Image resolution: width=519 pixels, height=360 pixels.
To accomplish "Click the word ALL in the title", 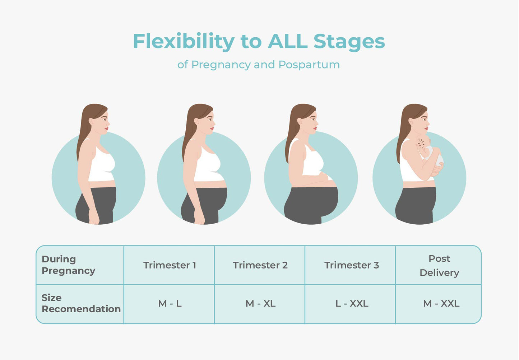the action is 288,41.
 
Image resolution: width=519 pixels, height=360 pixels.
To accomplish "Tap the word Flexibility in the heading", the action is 184,42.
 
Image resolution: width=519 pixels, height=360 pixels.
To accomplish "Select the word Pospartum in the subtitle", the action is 309,65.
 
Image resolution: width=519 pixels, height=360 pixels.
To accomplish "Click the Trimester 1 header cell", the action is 170,265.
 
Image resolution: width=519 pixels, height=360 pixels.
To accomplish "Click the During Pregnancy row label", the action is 68,265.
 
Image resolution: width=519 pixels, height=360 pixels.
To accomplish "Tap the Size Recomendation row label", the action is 81,303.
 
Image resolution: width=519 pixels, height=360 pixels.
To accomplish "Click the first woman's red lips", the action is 106,128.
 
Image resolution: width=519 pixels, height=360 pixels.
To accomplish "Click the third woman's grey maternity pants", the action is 311,205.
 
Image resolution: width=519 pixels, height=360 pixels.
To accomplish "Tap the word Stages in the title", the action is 349,42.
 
